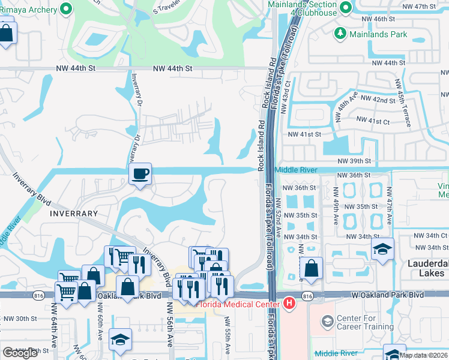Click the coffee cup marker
pyautogui.click(x=140, y=175)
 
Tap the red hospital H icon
pyautogui.click(x=289, y=304)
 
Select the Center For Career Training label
pyautogui.click(x=366, y=323)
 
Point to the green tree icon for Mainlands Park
pyautogui.click(x=341, y=34)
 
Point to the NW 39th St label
pyautogui.click(x=355, y=161)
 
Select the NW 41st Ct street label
pyautogui.click(x=373, y=121)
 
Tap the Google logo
pyautogui.click(x=20, y=352)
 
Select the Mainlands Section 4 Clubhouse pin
pyautogui.click(x=345, y=7)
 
